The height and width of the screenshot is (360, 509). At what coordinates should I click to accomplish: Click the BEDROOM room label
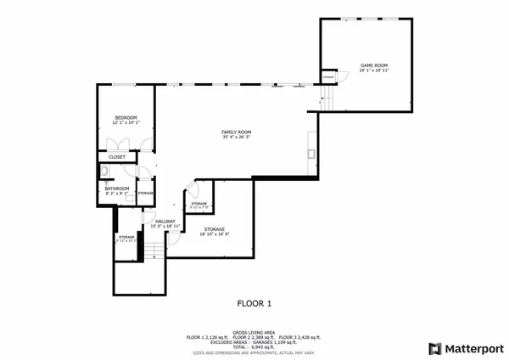coord(126,117)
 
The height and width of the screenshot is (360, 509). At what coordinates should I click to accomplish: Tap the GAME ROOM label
coord(373,65)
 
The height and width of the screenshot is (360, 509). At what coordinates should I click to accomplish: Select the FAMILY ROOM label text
coord(236,132)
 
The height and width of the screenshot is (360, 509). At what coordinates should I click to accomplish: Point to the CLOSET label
coord(117,157)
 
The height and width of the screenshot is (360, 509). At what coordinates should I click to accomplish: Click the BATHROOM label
coord(117,188)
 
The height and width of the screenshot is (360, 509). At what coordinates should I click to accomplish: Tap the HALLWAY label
coord(165,221)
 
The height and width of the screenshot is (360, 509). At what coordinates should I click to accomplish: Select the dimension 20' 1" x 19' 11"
coord(373,70)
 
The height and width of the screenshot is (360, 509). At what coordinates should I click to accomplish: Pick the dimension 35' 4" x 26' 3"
coord(236,138)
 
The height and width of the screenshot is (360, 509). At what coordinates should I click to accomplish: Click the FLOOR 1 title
coord(254,303)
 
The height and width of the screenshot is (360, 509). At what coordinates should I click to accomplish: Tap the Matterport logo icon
coord(435,348)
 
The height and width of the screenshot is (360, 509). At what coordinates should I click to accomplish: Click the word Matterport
coord(473,348)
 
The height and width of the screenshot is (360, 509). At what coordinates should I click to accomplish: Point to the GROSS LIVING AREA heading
coord(254,332)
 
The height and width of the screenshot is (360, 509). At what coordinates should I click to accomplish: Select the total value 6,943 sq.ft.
coord(263,346)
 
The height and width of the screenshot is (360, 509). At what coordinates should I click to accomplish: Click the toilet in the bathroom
coord(102,172)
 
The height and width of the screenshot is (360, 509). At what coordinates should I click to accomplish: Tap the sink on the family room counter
coord(311,154)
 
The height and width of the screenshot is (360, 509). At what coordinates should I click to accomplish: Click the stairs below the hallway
coord(154,250)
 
